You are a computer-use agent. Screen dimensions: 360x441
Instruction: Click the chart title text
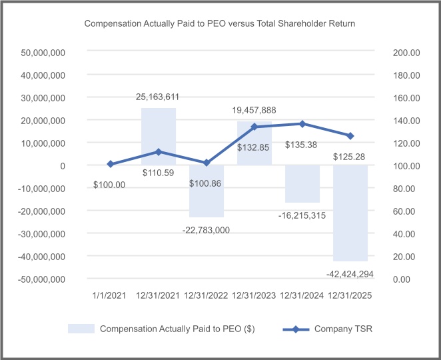(220, 23)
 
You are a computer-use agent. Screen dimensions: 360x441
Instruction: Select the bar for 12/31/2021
(158, 137)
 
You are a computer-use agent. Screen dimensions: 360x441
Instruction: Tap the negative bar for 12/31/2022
(206, 191)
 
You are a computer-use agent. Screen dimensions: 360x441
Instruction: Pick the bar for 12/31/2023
(254, 143)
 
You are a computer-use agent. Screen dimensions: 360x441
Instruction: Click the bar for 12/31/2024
(302, 184)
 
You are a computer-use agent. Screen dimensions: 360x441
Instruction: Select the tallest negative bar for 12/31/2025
(350, 213)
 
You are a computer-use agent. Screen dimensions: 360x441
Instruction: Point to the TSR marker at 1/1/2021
(110, 164)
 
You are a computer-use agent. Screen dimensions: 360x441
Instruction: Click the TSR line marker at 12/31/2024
(302, 124)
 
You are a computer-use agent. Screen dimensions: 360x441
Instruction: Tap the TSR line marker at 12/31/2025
(350, 136)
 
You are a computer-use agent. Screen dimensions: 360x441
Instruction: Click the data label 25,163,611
(158, 97)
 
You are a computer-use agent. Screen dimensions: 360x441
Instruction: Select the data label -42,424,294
(350, 273)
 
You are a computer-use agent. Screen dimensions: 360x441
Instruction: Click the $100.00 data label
(110, 185)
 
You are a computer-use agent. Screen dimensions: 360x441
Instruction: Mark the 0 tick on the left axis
(61, 165)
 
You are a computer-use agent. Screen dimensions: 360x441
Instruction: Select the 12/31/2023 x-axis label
(254, 293)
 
